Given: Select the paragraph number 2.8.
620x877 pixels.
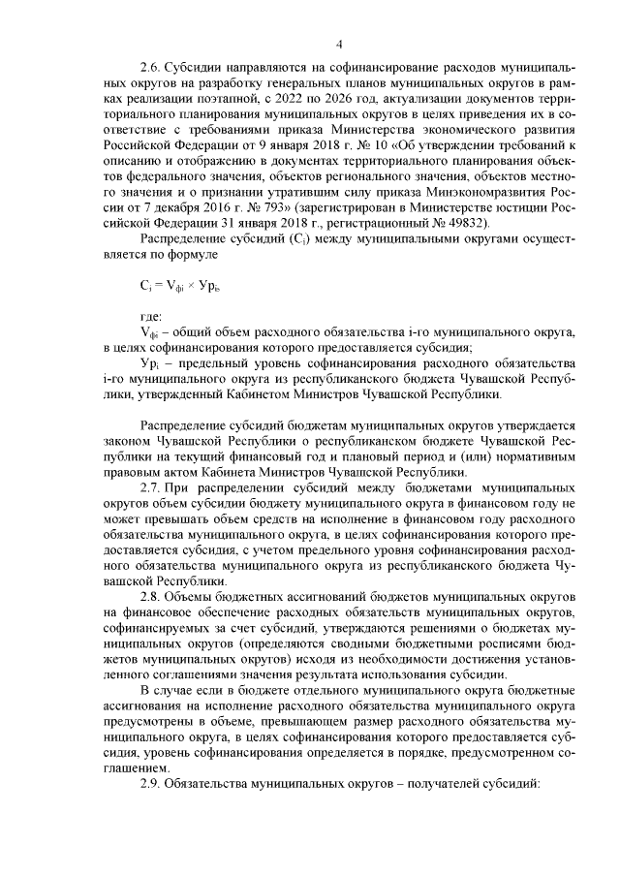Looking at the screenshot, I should (149, 591).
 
